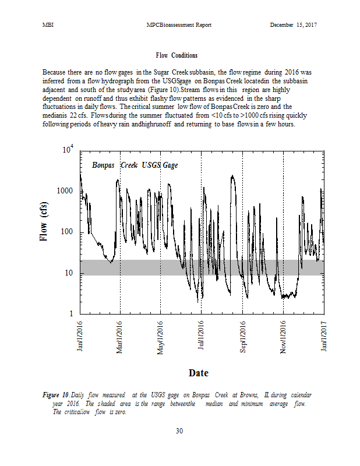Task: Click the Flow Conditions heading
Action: [177, 55]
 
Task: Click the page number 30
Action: [179, 431]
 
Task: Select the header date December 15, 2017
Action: [294, 25]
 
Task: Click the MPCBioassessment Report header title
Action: [179, 25]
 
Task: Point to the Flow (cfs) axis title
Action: [44, 221]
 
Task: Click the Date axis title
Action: [198, 372]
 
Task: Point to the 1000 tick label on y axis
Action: [66, 192]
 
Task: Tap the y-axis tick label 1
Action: [72, 315]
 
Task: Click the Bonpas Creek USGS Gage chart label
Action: [135, 165]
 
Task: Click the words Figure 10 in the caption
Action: [55, 395]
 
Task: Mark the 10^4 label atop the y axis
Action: [69, 150]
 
